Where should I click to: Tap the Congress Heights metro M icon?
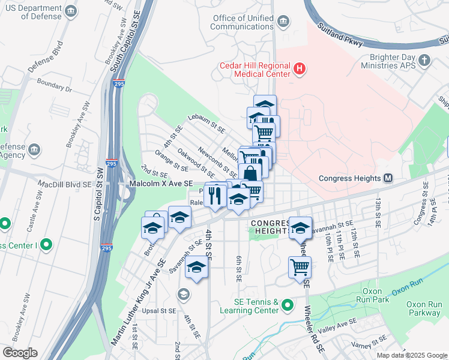388,178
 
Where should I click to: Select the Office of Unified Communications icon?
283,23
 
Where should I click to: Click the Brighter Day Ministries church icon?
424,60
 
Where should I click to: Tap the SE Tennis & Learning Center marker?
288,305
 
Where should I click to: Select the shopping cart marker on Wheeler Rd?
300,268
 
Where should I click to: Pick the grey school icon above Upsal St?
183,294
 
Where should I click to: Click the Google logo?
20,353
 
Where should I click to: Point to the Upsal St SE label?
159,311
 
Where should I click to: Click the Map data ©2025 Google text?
411,355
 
